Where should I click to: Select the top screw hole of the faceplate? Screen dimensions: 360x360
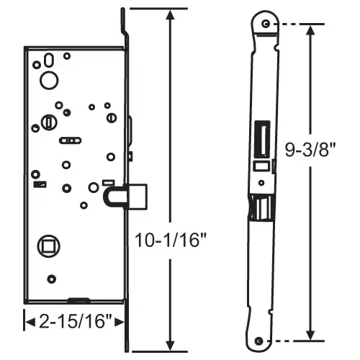point(267,25)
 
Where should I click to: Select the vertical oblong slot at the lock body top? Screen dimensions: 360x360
point(48,60)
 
